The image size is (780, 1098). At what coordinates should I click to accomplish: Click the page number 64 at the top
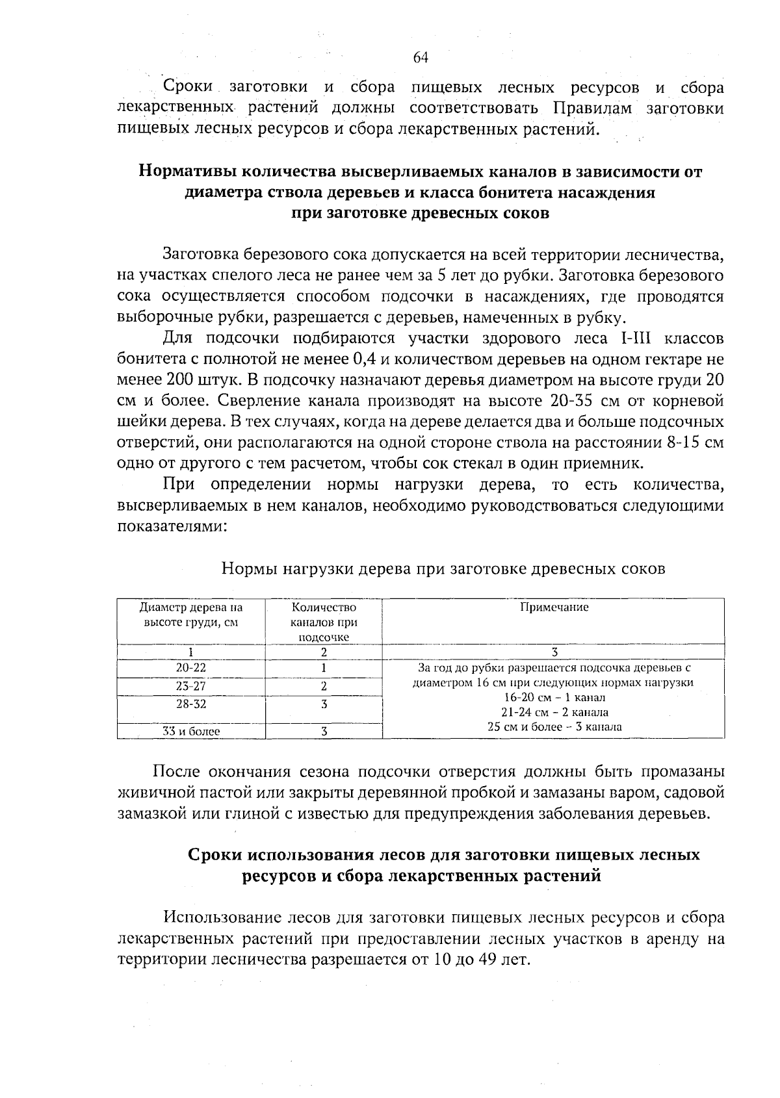(420, 58)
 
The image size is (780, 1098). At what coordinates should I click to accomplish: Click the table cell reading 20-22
(190, 668)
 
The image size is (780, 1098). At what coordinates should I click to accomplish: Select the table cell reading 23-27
(190, 686)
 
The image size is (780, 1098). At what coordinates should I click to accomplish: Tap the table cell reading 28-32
(190, 704)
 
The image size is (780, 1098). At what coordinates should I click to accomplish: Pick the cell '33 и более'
(190, 732)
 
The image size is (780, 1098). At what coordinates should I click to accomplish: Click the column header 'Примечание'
(554, 607)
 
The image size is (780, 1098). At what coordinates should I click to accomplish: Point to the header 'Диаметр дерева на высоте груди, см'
(190, 615)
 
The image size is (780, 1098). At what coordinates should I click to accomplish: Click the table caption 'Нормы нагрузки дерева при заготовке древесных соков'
(443, 569)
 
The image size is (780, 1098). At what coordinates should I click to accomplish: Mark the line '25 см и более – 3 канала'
(554, 727)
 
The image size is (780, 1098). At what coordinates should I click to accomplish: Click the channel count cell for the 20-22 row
(324, 668)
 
